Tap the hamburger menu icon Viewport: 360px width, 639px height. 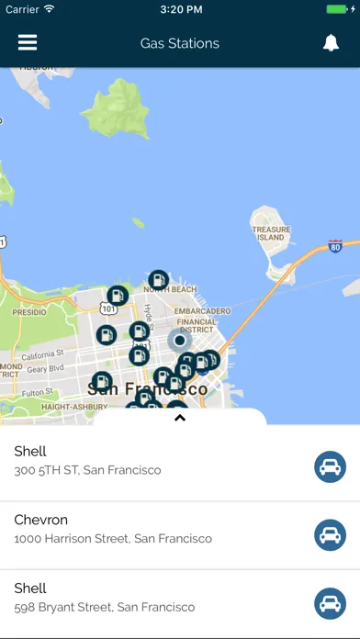[x=28, y=43]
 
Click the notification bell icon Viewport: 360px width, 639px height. [x=331, y=43]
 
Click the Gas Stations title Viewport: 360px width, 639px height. [x=180, y=43]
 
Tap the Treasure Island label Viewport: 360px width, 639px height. [x=271, y=232]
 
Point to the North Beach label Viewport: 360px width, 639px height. [x=170, y=290]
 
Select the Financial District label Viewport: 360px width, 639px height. [x=197, y=328]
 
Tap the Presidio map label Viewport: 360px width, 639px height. [x=28, y=312]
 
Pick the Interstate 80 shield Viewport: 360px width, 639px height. [x=335, y=247]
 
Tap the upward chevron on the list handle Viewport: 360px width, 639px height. [x=180, y=418]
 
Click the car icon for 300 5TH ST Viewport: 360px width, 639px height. [x=330, y=467]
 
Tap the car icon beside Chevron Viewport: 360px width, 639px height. [x=330, y=535]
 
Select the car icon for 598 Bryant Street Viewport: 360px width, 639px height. [x=330, y=603]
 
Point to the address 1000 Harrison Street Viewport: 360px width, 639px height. [x=113, y=539]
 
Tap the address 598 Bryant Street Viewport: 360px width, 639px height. [x=105, y=607]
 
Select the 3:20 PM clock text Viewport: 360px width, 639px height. [x=180, y=9]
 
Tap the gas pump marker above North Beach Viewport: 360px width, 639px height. [x=159, y=279]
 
